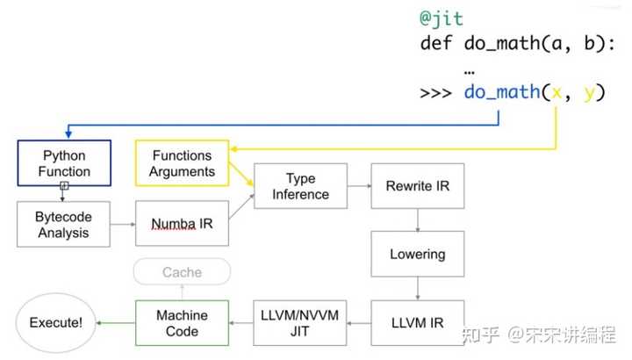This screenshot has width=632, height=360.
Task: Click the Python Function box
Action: (66, 163)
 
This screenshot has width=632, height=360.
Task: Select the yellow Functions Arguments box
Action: (182, 163)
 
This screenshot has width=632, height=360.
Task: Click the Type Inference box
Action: (300, 186)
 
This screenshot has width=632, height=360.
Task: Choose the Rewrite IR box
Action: (417, 186)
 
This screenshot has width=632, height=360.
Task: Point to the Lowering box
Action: (417, 255)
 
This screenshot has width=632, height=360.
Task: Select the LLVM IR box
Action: (417, 323)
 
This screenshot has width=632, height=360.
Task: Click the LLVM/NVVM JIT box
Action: (300, 323)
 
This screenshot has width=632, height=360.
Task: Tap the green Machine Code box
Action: (182, 323)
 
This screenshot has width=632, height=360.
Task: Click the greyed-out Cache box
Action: (182, 272)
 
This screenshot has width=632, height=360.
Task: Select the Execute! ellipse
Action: (55, 323)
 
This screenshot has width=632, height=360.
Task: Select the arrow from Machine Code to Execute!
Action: (115, 323)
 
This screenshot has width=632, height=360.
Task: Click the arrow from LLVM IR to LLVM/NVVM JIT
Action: (358, 323)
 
